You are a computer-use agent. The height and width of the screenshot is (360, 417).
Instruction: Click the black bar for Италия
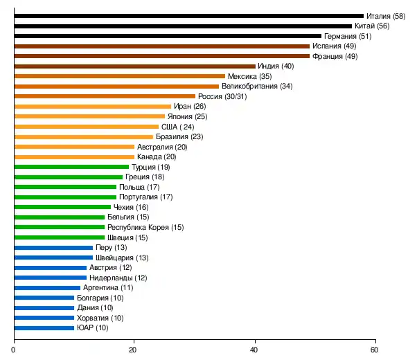point(188,15)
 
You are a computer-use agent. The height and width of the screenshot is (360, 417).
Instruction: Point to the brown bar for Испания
point(161,46)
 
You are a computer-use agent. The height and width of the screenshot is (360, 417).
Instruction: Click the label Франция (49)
point(335,56)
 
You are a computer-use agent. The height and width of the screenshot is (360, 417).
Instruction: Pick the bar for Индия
point(134,66)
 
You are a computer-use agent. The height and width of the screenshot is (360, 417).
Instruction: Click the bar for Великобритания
point(123,86)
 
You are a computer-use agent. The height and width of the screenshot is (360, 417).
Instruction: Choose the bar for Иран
point(92,106)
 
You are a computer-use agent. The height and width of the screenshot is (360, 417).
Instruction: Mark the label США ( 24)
point(178,127)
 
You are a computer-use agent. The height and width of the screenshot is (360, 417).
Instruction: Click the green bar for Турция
point(71,167)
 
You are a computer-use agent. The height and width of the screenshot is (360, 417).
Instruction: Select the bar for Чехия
point(62,207)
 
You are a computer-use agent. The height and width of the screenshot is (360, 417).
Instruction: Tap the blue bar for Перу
point(53,247)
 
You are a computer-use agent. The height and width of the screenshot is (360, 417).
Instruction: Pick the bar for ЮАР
point(44,327)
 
